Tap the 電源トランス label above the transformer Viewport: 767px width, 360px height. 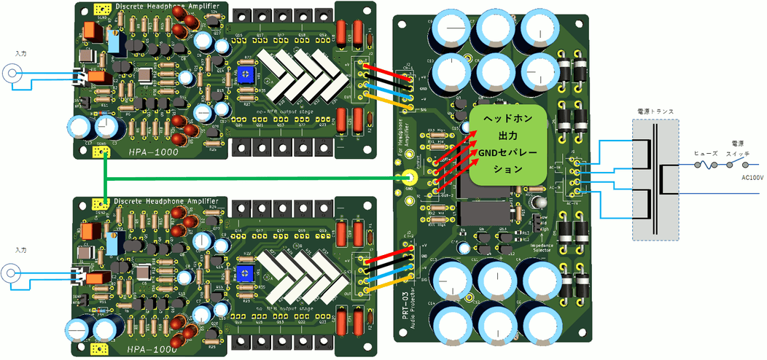coord(655,111)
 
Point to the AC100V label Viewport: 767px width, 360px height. coord(752,176)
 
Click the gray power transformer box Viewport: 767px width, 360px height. coord(655,179)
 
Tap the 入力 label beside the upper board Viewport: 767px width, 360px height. coord(20,53)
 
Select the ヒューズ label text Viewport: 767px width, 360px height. coord(705,154)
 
